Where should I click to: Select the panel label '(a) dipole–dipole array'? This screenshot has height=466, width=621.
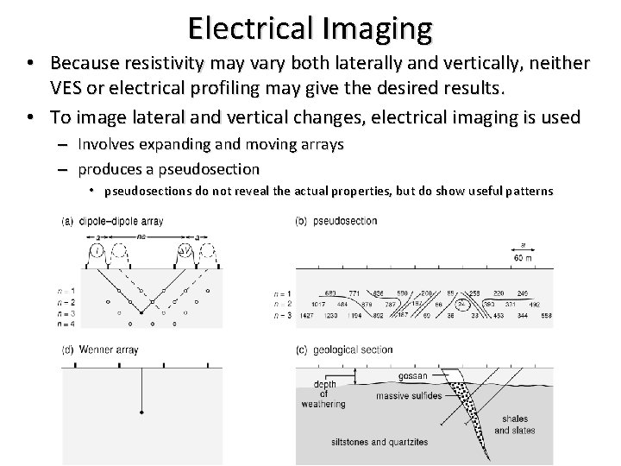coord(113,222)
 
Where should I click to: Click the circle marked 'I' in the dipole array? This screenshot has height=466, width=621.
coord(98,250)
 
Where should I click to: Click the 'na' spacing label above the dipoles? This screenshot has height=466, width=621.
coord(142,235)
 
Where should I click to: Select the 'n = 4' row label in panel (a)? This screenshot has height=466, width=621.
coord(72,325)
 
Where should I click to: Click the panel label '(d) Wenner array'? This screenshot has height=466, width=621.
coord(102,350)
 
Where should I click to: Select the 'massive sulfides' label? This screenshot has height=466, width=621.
coord(410,397)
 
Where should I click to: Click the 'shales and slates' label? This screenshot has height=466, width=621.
coord(515,425)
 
